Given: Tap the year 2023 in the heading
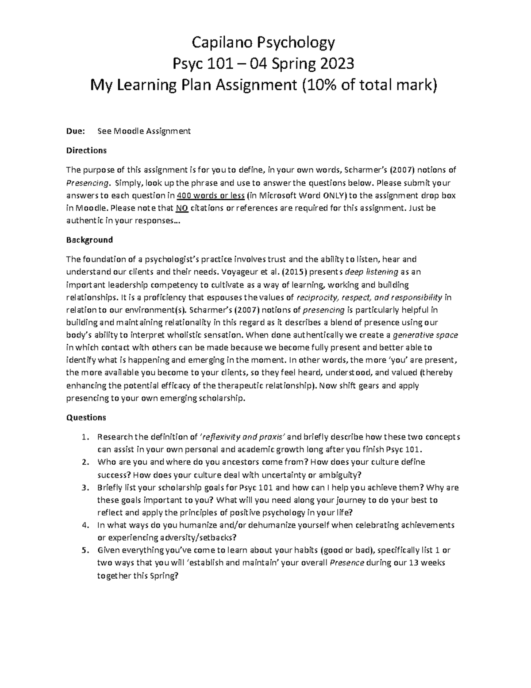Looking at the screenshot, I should [335, 64].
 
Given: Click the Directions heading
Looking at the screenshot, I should [86, 150].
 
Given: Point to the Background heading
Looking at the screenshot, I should [89, 240].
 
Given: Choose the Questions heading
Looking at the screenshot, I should [86, 417].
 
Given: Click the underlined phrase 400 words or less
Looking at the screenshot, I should [211, 195].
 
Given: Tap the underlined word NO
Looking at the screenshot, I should [181, 208].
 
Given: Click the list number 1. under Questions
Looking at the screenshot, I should [85, 437].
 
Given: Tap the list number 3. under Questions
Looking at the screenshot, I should [85, 488].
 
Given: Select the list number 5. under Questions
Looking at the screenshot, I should [85, 551].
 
